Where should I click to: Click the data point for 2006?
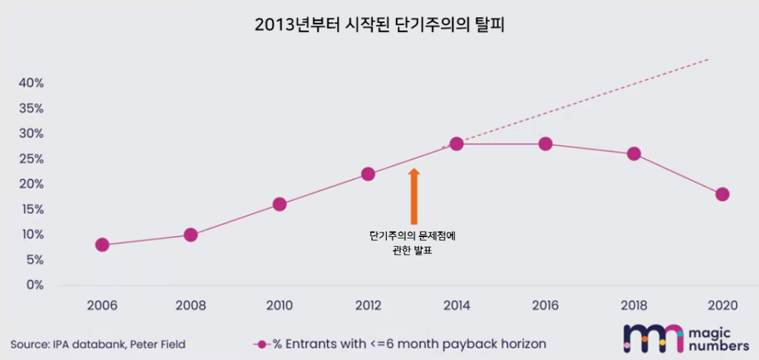pos(102,245)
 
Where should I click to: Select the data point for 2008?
pos(190,235)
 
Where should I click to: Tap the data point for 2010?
pos(279,204)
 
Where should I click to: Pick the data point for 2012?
pos(368,174)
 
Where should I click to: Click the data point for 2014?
pos(457,144)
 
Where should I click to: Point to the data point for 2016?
pos(546,144)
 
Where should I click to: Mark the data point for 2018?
pos(634,154)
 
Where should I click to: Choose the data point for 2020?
pos(723,194)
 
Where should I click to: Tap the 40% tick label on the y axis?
pos(31,83)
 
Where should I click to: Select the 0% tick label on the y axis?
pos(34,285)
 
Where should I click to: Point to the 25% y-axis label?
pos(31,159)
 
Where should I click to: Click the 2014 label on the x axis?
pos(457,305)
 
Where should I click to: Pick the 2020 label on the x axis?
pos(723,305)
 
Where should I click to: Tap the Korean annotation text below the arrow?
pos(412,243)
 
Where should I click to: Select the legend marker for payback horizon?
pos(261,344)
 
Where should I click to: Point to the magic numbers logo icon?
pos(653,338)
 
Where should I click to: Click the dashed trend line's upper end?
pos(708,59)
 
